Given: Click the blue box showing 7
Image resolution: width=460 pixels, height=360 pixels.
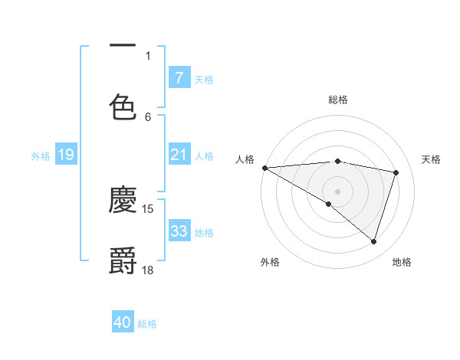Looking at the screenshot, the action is (x=179, y=77).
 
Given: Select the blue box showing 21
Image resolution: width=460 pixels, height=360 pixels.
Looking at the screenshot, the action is (x=179, y=155).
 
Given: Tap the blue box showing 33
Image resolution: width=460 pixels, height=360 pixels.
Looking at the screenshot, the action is (x=179, y=231).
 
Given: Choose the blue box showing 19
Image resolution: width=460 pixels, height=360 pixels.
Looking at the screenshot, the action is (x=65, y=155).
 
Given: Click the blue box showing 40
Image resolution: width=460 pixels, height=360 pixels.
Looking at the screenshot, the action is (x=123, y=322).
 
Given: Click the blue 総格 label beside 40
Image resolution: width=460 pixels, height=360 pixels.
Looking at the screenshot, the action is (x=147, y=324).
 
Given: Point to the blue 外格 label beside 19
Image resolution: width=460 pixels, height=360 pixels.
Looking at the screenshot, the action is (x=41, y=156).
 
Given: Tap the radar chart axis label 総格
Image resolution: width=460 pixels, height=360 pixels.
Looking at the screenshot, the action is (x=337, y=100).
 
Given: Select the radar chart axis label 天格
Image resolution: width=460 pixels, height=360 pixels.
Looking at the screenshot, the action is (x=432, y=159).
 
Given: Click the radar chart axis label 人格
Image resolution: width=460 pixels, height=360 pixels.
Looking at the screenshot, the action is (x=245, y=159).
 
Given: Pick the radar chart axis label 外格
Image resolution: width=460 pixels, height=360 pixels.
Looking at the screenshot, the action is (x=270, y=262).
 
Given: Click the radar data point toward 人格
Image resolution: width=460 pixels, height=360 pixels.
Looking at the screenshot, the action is (x=264, y=168).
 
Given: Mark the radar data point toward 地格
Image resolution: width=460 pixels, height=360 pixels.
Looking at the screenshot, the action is (x=373, y=241).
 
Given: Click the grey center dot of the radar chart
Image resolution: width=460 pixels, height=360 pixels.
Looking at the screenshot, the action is (x=337, y=191).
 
